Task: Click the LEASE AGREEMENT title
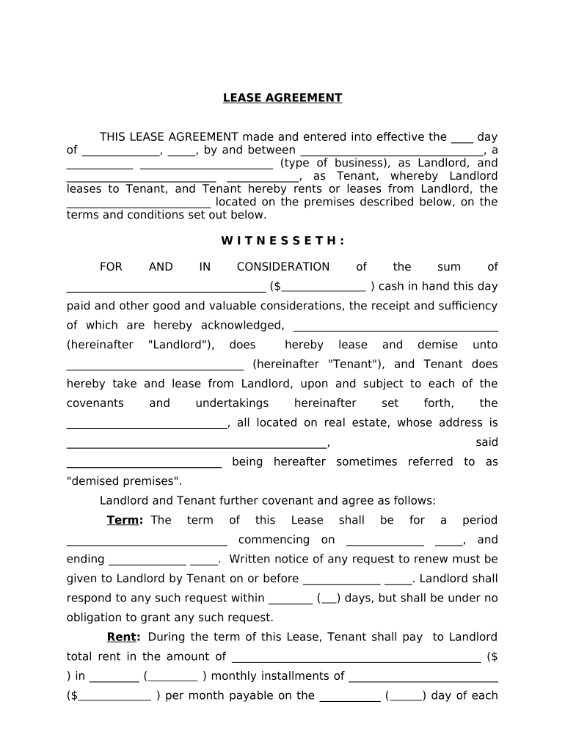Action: coord(282,98)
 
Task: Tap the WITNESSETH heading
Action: coord(282,241)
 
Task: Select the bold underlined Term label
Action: coord(125,520)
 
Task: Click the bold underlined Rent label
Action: coord(123,637)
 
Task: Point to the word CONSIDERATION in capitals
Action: coord(282,267)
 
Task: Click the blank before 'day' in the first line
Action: coord(462,138)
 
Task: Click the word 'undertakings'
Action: coord(232,403)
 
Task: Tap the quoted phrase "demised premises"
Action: coord(123,481)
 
